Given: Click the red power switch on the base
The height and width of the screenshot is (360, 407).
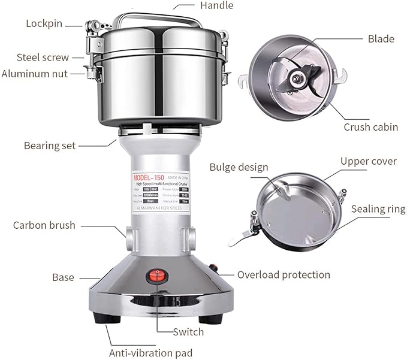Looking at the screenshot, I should (159, 276).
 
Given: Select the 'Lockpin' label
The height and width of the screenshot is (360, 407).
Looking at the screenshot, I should (44, 24).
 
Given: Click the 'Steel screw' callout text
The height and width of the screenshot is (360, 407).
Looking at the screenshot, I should (43, 58).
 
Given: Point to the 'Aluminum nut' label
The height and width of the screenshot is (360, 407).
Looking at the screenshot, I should (34, 74).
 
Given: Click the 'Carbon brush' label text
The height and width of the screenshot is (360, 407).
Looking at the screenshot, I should (44, 225).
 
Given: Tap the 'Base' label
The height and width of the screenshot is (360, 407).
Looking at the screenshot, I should (63, 277).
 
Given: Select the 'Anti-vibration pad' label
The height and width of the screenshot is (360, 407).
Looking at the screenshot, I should (150, 353).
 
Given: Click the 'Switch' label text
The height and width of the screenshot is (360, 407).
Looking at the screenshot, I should (188, 332).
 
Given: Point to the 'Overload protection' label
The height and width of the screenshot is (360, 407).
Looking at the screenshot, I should (284, 275).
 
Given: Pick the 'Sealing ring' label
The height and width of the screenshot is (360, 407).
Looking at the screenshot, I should (378, 209).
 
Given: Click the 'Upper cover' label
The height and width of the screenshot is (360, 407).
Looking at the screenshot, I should (368, 161).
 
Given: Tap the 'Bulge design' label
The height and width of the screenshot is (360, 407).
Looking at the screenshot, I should (239, 167).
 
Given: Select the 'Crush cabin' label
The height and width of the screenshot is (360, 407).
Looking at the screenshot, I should (371, 127).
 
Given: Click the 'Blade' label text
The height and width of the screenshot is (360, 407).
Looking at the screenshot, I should (381, 39).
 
